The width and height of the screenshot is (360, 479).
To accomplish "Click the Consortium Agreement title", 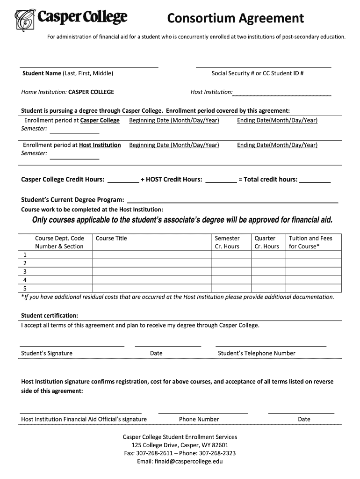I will [236, 18].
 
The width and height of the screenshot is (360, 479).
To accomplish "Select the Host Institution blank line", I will [282, 95].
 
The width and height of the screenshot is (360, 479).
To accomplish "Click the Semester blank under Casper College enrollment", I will [74, 133].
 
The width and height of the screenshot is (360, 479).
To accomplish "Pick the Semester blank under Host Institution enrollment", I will [74, 159].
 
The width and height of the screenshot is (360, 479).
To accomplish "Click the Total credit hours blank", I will [315, 181].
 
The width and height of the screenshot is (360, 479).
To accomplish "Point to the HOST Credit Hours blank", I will [221, 181].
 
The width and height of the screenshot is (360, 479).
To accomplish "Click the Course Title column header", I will [111, 238].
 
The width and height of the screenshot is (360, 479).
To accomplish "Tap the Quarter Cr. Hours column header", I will [266, 242].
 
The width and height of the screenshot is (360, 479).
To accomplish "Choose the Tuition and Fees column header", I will [310, 242].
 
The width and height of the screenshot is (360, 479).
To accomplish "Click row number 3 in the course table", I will [25, 271].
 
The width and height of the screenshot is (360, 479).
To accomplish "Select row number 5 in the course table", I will [25, 288].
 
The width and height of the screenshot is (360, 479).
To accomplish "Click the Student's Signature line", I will [72, 346].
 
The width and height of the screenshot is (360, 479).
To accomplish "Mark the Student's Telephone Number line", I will [271, 346].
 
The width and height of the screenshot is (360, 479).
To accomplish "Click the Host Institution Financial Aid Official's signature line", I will [81, 413].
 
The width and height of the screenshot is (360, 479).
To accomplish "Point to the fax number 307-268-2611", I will [152, 453].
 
